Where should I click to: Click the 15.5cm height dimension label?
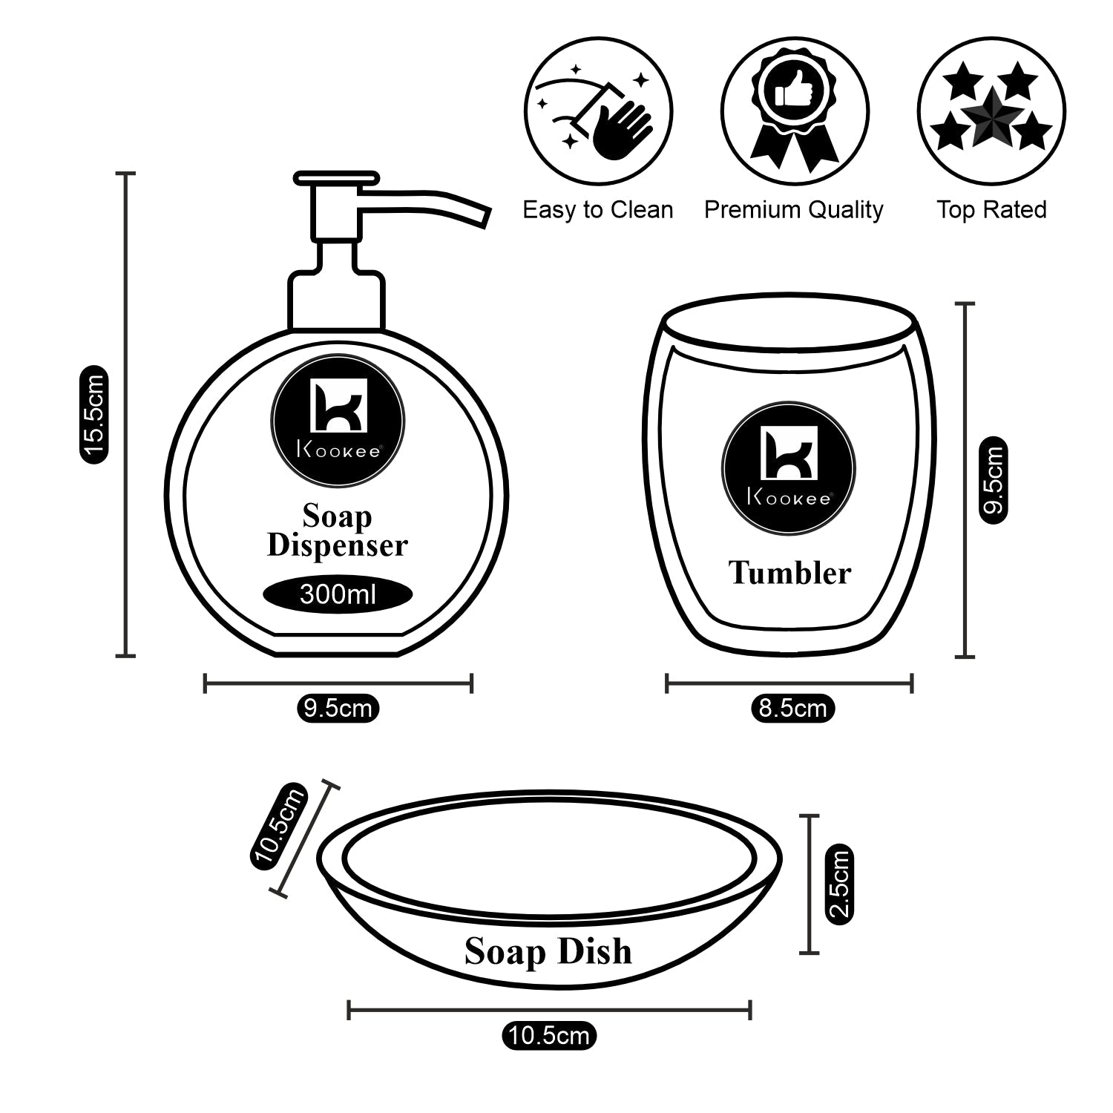94,415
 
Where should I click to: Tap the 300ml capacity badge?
338,594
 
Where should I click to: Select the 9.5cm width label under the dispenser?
338,708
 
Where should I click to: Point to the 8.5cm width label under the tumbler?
792,708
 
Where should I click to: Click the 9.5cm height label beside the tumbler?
994,480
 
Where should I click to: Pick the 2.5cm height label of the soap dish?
840,884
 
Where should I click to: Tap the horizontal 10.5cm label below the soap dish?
549,1034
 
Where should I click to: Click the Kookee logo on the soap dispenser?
338,421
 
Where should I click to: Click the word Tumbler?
789,572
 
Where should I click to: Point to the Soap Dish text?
548,951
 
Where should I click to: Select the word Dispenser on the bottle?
338,545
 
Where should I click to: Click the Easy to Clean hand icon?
598,111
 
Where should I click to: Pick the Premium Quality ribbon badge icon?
795,111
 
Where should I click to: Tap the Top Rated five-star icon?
991,111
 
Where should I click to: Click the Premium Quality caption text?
793,210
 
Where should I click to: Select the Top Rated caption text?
991,210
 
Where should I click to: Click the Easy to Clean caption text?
598,210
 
